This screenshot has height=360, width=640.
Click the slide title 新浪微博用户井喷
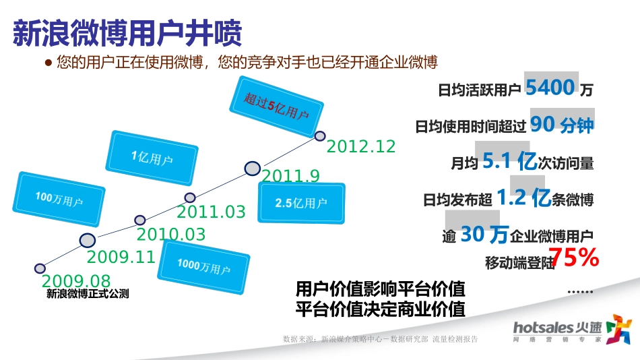pos(127,32)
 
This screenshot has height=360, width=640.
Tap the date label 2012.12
pos(360,146)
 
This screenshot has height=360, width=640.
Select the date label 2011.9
pos(290,177)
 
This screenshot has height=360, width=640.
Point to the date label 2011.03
pos(211,212)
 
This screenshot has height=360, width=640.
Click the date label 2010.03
pos(170,235)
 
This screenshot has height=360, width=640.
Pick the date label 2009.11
pos(121,257)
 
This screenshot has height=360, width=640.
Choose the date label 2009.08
pos(75,281)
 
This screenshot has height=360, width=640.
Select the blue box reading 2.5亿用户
pos(300,203)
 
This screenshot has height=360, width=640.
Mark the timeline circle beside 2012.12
pos(320,136)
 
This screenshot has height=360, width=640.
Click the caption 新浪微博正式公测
pos(87,294)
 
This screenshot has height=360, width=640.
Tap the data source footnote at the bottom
pos(381,340)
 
